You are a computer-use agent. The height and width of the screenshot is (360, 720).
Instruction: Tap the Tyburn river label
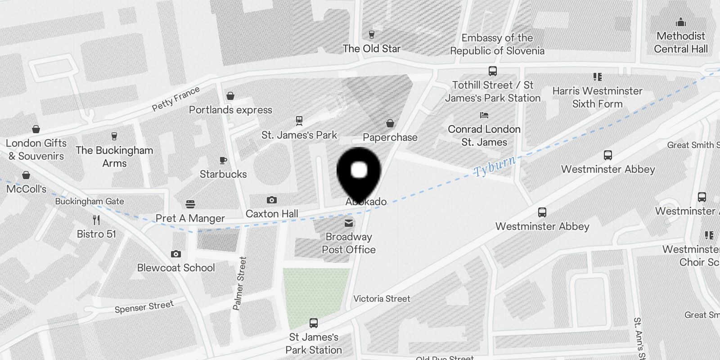pyautogui.click(x=494, y=166)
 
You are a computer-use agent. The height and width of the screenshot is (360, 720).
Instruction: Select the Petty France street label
pyautogui.click(x=175, y=99)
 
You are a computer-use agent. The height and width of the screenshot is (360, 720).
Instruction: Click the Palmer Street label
pyautogui.click(x=239, y=283)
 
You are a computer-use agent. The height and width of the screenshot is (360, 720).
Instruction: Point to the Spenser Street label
pyautogui.click(x=144, y=307)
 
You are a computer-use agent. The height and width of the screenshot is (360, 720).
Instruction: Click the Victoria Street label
pyautogui.click(x=382, y=298)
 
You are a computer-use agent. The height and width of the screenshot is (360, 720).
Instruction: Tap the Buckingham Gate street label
pyautogui.click(x=90, y=201)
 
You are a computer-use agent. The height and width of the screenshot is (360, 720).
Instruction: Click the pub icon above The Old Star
pyautogui.click(x=371, y=35)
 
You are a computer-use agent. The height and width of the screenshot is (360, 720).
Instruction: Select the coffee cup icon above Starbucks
pyautogui.click(x=223, y=161)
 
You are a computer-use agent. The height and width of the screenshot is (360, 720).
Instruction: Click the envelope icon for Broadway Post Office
pyautogui.click(x=349, y=223)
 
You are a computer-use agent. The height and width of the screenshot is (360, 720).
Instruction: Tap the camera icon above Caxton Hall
pyautogui.click(x=271, y=200)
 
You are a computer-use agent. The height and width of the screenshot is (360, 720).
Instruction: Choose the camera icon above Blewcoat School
pyautogui.click(x=176, y=254)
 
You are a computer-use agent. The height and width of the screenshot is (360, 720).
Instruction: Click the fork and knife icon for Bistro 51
pyautogui.click(x=96, y=220)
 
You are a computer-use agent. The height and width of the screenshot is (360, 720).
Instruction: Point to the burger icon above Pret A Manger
pyautogui.click(x=190, y=205)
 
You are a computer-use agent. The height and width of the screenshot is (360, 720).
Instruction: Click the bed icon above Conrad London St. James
pyautogui.click(x=484, y=116)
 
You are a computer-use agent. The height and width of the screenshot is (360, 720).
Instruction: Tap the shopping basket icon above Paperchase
pyautogui.click(x=390, y=123)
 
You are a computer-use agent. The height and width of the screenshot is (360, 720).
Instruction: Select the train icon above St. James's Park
pyautogui.click(x=299, y=121)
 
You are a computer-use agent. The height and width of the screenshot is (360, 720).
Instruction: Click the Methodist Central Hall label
pyautogui.click(x=681, y=42)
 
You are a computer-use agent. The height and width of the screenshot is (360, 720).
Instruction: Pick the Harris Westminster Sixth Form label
pyautogui.click(x=597, y=97)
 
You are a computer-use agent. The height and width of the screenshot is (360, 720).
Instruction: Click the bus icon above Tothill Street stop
pyautogui.click(x=493, y=71)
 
